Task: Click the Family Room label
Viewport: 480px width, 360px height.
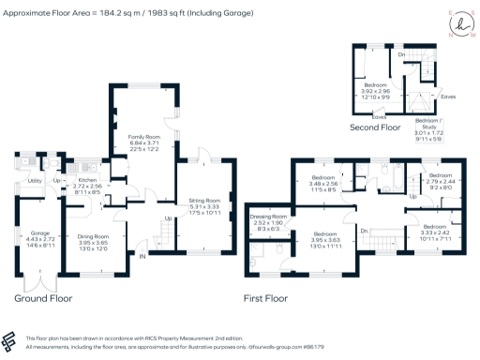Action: coord(143,137)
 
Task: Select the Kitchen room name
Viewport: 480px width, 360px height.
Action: coord(87,179)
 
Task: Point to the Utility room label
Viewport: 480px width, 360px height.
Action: coord(35,179)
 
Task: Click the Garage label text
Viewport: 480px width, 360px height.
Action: coord(39,232)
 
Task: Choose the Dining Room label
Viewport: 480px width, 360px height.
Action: coord(94,236)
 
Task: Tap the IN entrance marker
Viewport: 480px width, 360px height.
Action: coord(142,255)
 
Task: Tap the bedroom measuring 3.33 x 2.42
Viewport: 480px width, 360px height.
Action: coord(434,227)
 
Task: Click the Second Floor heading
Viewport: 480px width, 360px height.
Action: coord(376,127)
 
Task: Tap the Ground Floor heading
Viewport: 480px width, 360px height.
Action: coord(42,298)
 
